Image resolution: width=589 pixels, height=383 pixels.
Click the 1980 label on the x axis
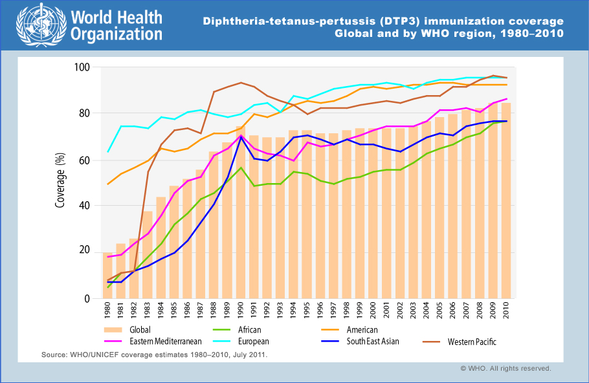108,312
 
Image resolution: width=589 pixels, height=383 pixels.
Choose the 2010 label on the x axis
506,312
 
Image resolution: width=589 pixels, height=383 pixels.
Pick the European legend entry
252,341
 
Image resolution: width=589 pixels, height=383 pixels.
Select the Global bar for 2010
506,201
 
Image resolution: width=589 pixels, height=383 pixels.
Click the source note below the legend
154,355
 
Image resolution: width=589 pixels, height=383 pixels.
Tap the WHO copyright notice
506,368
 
